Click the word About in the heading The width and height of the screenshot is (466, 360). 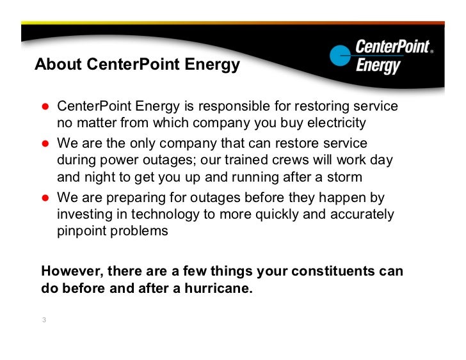(55, 65)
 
